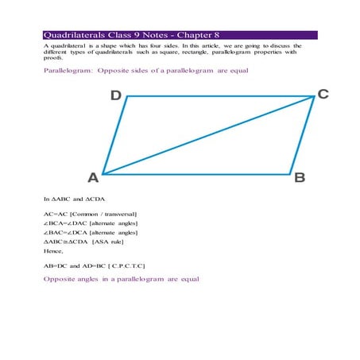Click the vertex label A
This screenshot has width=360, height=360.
tap(93, 177)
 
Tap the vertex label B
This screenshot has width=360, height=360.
tap(300, 177)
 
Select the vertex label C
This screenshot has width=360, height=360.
tap(323, 94)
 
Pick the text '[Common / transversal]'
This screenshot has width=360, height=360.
tap(103, 214)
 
